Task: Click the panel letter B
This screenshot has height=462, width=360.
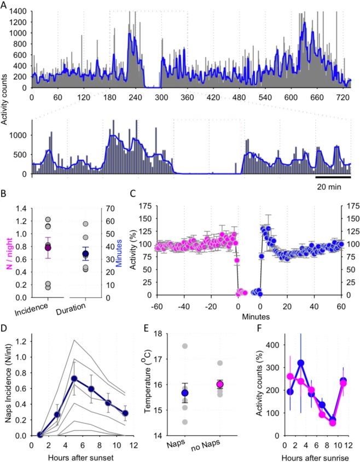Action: tap(4, 193)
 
